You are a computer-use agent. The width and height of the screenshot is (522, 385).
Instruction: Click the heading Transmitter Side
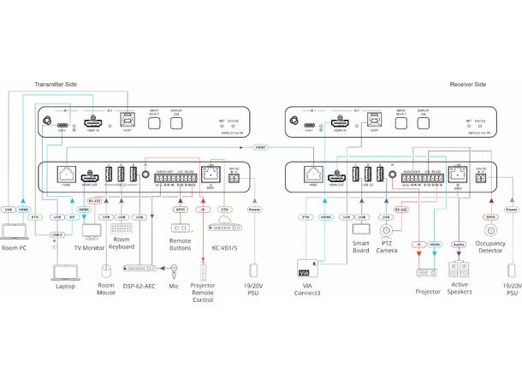point(56,85)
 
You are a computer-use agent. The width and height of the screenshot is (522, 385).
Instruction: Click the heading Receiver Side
point(468,85)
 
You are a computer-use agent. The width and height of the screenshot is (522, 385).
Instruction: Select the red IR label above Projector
point(416,245)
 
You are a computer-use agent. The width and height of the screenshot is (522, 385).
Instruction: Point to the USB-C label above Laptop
point(57,233)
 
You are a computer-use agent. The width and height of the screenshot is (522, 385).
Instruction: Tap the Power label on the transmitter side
point(254,209)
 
